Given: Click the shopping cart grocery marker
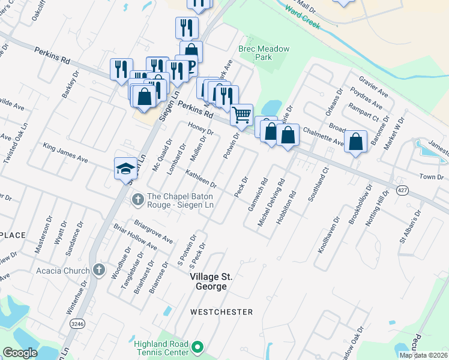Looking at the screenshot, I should [x=241, y=114].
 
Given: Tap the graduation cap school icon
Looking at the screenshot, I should [x=126, y=168].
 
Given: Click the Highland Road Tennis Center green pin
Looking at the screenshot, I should [x=197, y=347].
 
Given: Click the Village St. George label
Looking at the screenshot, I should [x=208, y=281].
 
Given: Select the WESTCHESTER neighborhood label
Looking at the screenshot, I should [x=221, y=312].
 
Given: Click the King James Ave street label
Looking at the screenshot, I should [x=65, y=153].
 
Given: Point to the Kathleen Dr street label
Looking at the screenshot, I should [x=200, y=178].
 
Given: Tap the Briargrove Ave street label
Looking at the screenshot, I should [x=153, y=232].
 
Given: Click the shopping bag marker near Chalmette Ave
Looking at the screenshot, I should [x=356, y=142].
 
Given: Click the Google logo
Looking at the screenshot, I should [x=20, y=353].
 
